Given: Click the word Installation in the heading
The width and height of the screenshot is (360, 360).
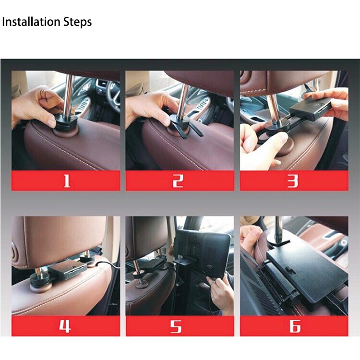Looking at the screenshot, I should pos(32,22).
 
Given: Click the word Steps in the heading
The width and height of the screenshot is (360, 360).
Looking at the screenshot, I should pos(77,22).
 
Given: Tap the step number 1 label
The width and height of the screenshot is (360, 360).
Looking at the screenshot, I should pos(66,180).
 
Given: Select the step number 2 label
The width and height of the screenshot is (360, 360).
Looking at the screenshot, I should pos(179,180).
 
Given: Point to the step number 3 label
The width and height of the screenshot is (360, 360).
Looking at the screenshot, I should pos(293,180).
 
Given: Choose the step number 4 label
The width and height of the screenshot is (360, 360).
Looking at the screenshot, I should pos(66,326).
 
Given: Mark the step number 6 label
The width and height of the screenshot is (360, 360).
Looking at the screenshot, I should pos(294,326).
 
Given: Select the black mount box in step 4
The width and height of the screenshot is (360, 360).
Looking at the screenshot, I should pos(67,271).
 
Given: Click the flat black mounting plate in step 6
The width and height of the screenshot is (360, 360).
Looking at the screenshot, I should pos(307,269).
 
